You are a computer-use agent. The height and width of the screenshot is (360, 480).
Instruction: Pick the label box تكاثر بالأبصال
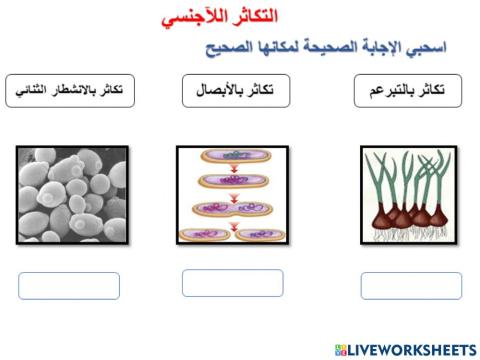232,91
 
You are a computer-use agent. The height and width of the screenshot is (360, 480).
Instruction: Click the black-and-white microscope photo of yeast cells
73,193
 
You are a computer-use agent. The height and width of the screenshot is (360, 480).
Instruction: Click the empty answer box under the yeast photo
69,286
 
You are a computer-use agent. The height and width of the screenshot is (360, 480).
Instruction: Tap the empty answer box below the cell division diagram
232,283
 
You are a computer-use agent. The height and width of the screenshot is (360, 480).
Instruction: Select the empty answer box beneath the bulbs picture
411,286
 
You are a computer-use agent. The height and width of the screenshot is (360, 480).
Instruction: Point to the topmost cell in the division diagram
232,157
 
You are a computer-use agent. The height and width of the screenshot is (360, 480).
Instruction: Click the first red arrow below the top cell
232,169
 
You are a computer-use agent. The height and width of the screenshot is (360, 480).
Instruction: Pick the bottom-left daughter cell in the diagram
207,236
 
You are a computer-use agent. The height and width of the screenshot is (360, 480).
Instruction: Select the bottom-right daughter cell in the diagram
257,236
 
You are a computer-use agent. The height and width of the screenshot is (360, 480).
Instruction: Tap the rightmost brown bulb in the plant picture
438,215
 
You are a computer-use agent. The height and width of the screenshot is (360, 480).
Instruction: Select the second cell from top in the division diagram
232,182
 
